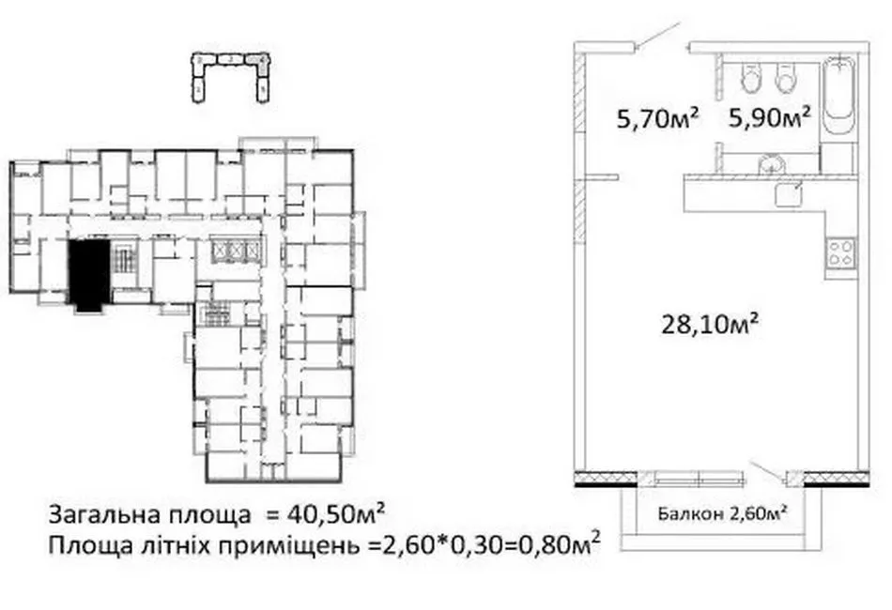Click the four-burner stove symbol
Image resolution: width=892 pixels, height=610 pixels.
(x=840, y=252)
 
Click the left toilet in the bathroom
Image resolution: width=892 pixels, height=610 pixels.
(x=750, y=79)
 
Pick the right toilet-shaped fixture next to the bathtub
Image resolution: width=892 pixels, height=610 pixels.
(x=786, y=79)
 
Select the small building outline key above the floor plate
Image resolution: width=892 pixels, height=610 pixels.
(x=230, y=75)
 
